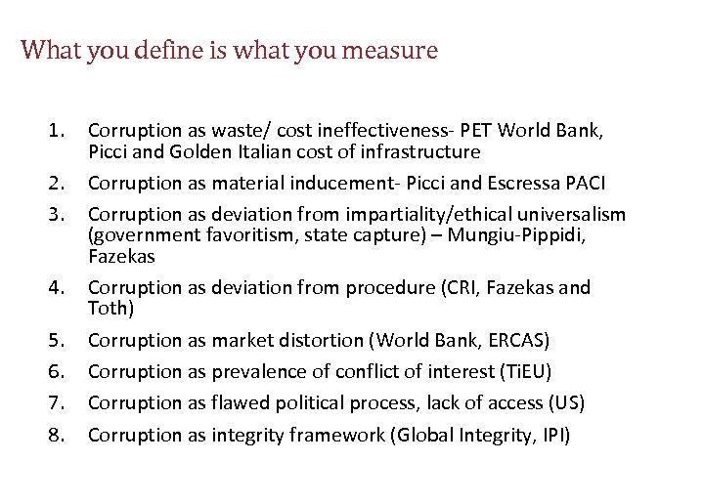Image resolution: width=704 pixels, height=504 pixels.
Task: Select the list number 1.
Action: (x=59, y=130)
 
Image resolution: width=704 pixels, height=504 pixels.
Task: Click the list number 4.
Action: (x=59, y=288)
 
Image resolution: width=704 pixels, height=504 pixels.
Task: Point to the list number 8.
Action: (x=59, y=434)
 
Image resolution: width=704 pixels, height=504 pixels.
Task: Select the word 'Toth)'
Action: (x=109, y=310)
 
